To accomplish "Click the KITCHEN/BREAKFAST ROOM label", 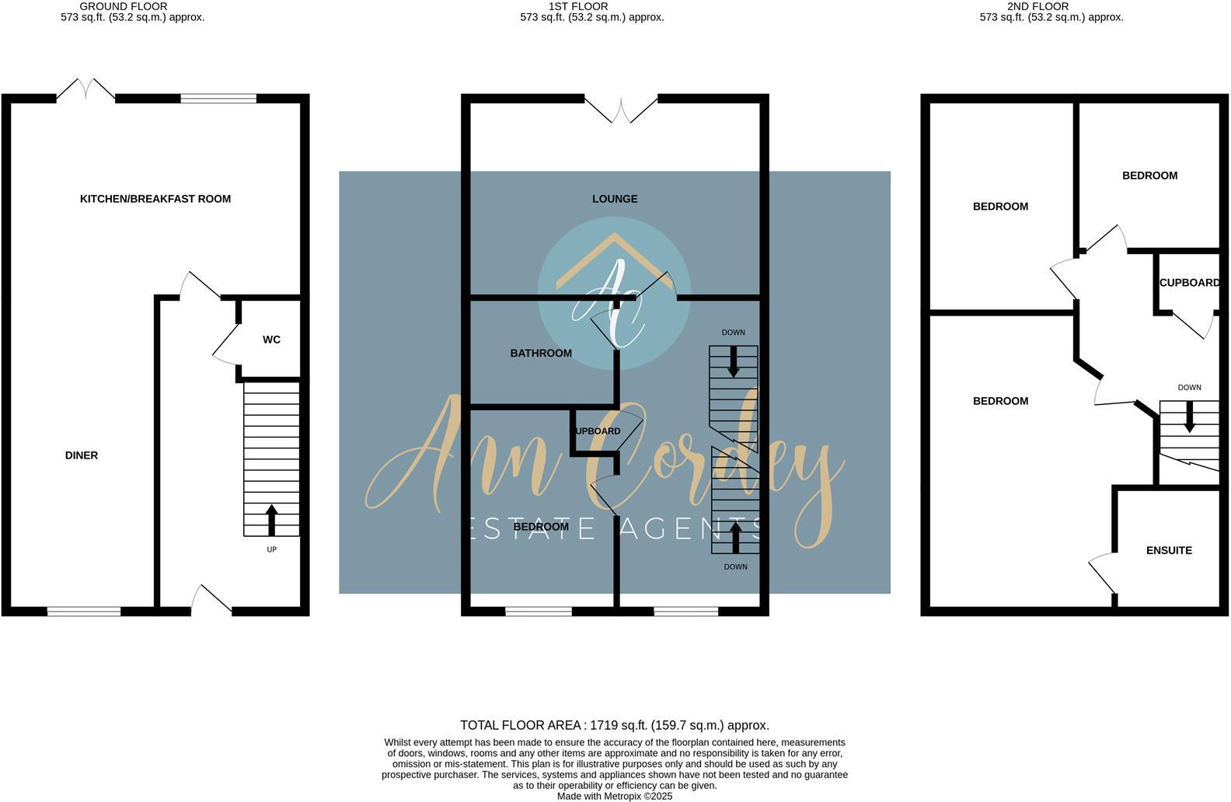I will click(x=155, y=199).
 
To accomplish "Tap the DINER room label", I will click(x=82, y=455).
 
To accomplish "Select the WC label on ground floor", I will click(x=271, y=340).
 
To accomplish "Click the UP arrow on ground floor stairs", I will click(x=271, y=520).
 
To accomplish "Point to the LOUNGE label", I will click(x=615, y=199).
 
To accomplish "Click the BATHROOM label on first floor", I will click(x=541, y=353).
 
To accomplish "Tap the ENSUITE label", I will click(x=1169, y=550).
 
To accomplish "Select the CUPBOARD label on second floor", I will click(x=1189, y=283).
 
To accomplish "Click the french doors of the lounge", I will click(x=621, y=110).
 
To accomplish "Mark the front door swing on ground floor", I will click(x=211, y=600).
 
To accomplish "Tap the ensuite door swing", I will click(x=1102, y=574).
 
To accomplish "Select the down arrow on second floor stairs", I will click(x=1189, y=420).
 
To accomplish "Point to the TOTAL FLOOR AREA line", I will click(x=614, y=725).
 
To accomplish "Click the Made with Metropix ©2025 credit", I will click(x=614, y=796).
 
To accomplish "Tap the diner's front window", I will click(x=84, y=612).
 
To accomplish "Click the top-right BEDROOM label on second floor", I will click(x=1149, y=176).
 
